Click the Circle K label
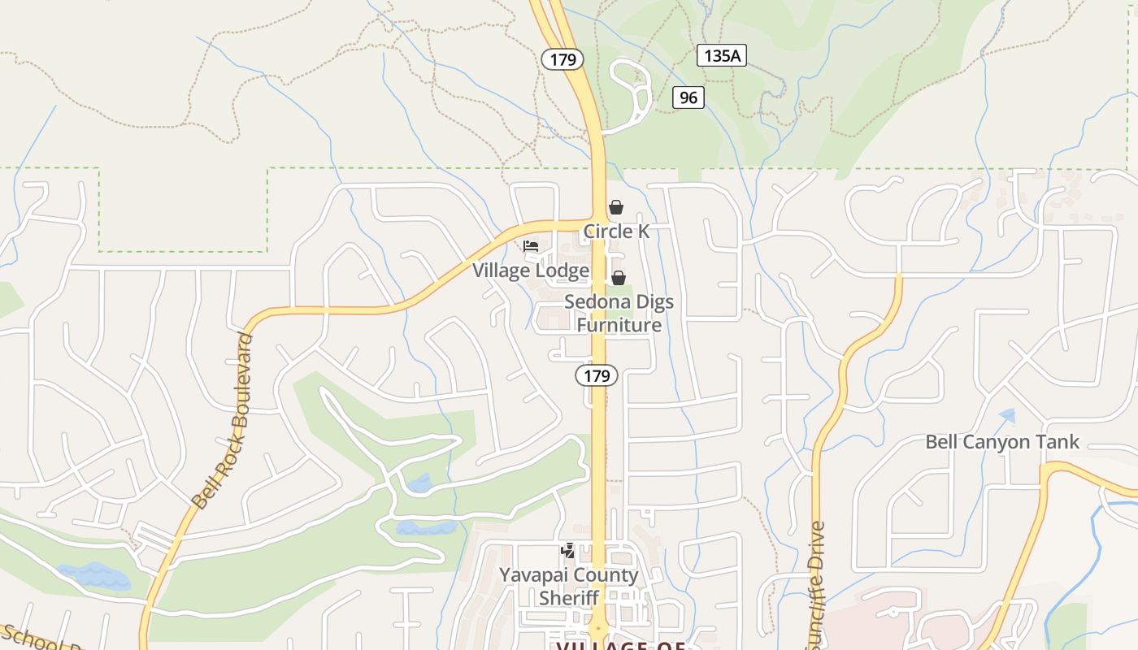pyautogui.click(x=616, y=232)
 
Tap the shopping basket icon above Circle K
pyautogui.click(x=616, y=207)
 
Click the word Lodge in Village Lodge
pyautogui.click(x=560, y=271)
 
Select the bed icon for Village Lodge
pyautogui.click(x=531, y=245)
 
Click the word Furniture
pyautogui.click(x=619, y=325)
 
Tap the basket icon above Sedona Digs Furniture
pyautogui.click(x=619, y=278)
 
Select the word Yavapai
pyautogui.click(x=533, y=575)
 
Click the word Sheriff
pyautogui.click(x=569, y=598)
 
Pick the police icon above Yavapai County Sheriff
pyautogui.click(x=568, y=552)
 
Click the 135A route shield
pyautogui.click(x=721, y=55)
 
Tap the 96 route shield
pyautogui.click(x=688, y=97)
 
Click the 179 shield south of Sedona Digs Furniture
pyautogui.click(x=597, y=375)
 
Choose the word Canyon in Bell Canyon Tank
pyautogui.click(x=998, y=442)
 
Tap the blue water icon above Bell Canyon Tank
pyautogui.click(x=1008, y=415)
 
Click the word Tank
pyautogui.click(x=1059, y=442)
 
